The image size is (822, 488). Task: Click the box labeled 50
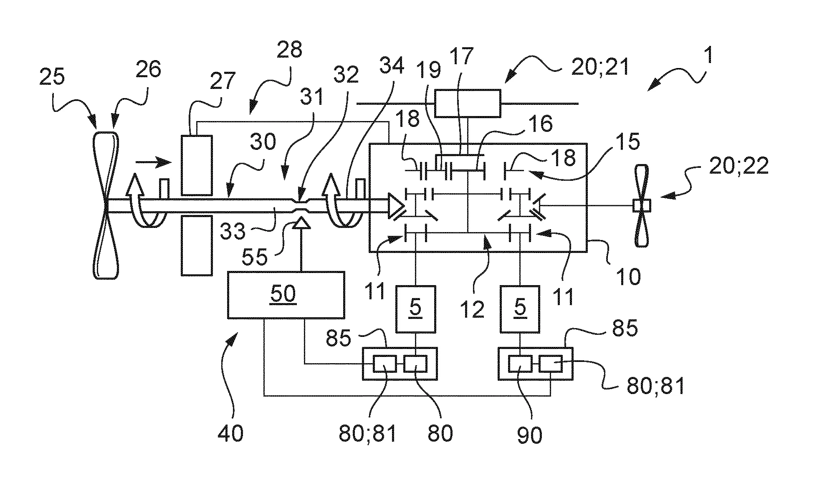(x=286, y=295)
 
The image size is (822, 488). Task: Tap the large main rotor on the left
(x=106, y=205)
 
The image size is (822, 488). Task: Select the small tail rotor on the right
(x=641, y=205)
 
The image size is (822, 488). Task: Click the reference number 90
(x=530, y=435)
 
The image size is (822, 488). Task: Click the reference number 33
(x=233, y=231)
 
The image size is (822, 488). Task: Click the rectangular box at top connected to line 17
(x=468, y=103)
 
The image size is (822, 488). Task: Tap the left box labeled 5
(x=415, y=309)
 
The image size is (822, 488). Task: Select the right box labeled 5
(x=520, y=309)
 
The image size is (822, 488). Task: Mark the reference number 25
(x=53, y=77)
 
